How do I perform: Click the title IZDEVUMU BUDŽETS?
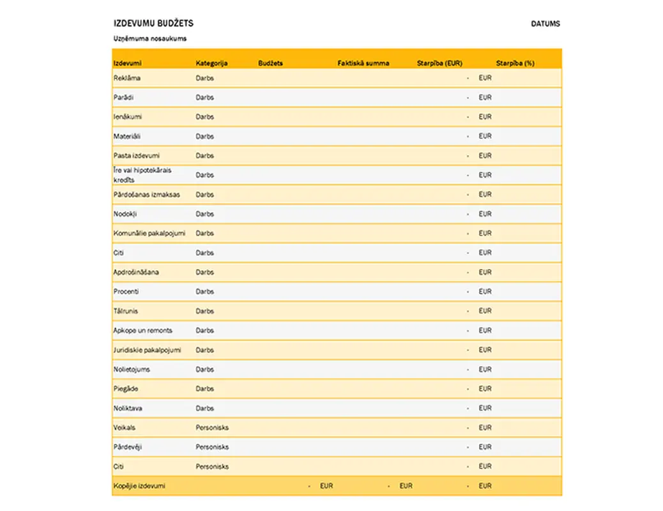pos(153,24)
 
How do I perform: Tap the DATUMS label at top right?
pos(545,24)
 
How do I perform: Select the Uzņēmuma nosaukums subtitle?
pos(150,39)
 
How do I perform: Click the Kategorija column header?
pos(211,63)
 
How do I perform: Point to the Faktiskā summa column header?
pos(363,63)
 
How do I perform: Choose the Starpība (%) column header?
pos(515,63)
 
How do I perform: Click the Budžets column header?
pos(270,63)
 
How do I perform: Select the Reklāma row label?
pos(127,78)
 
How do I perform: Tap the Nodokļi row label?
pos(125,214)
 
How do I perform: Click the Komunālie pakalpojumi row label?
pos(149,233)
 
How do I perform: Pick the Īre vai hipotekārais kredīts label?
pos(142,175)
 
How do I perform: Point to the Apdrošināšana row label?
pos(136,272)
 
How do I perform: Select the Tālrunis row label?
pos(126,311)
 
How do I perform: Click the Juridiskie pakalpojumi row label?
pos(148,350)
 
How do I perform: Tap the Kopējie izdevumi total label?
pos(139,486)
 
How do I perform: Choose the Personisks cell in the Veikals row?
pos(212,427)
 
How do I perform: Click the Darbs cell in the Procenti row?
pos(204,291)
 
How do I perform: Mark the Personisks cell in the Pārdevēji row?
pos(212,447)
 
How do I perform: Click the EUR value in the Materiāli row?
pos(485,136)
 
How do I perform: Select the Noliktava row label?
pos(128,408)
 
